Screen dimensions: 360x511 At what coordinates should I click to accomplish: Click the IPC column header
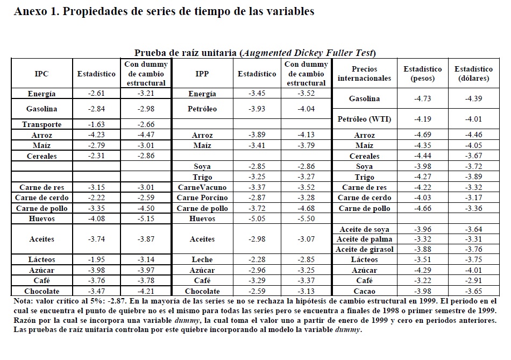click(41, 74)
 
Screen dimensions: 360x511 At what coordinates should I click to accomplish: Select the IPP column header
click(202, 74)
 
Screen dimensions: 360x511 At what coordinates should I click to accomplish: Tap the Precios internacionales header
click(364, 74)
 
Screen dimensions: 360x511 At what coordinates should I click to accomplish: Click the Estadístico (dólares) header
click(473, 74)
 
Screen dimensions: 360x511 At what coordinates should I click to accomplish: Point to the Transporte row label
click(41, 124)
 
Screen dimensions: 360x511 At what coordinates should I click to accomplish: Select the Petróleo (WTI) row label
click(364, 119)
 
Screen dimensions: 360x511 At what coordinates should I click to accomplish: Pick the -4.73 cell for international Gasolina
click(422, 98)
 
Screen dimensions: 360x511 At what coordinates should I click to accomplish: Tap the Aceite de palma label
click(364, 239)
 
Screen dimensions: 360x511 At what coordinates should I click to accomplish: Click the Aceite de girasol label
click(364, 249)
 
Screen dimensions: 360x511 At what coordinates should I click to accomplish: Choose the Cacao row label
click(364, 291)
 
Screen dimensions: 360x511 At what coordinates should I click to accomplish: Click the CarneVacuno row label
click(202, 187)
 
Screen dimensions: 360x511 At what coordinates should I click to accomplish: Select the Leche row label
click(202, 259)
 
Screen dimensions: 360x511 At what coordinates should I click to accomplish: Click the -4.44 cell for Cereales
click(422, 156)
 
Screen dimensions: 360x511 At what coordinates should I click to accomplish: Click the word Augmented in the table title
click(268, 53)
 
